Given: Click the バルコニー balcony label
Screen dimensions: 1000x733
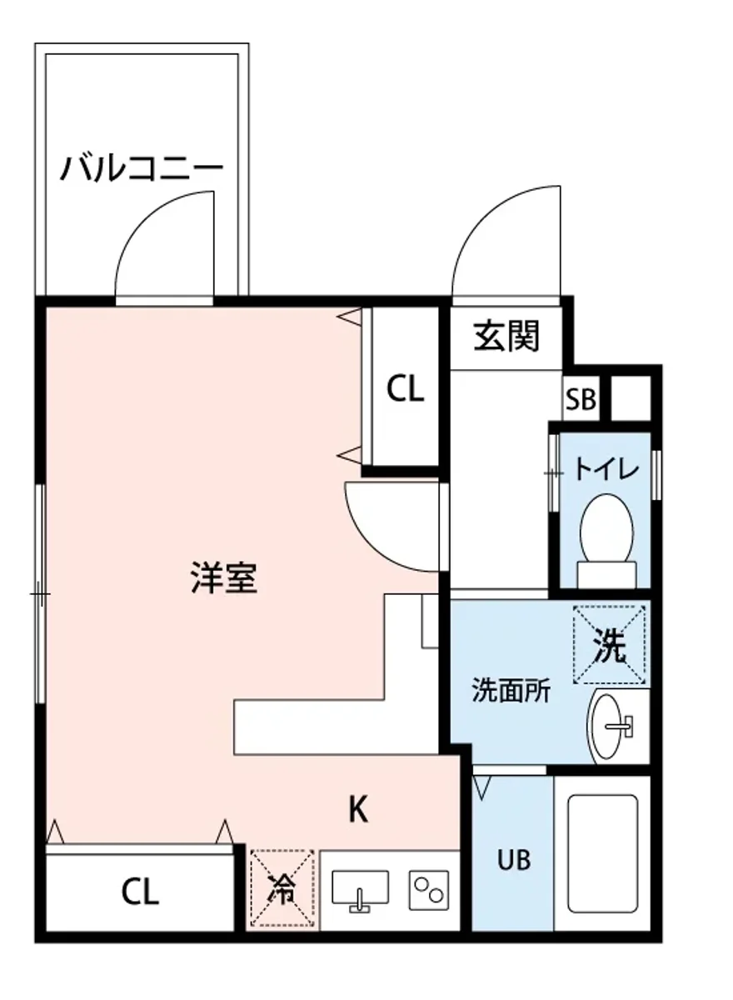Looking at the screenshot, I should click(x=142, y=169).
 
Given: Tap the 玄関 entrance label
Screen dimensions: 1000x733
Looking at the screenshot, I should click(x=507, y=336).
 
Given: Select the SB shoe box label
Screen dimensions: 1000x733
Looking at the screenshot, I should click(x=581, y=400).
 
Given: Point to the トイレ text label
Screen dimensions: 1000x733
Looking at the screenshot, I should click(x=606, y=469).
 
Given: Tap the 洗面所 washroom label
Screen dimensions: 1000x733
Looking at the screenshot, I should click(x=511, y=691).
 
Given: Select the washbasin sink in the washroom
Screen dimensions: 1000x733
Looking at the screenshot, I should click(x=614, y=726).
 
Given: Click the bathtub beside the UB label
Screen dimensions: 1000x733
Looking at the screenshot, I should click(x=602, y=853).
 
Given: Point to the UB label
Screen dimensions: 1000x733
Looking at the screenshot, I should click(x=514, y=859).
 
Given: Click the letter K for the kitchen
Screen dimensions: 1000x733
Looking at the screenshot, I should click(x=358, y=809).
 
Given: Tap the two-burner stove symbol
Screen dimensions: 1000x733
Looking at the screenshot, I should click(x=428, y=890).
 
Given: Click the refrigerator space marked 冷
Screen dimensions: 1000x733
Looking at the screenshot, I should click(x=283, y=889).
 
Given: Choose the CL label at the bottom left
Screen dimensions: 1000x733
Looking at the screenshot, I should click(x=139, y=892).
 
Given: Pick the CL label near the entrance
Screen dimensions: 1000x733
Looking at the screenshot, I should click(x=405, y=388).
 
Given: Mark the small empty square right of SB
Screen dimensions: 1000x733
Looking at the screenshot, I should click(x=631, y=398).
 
